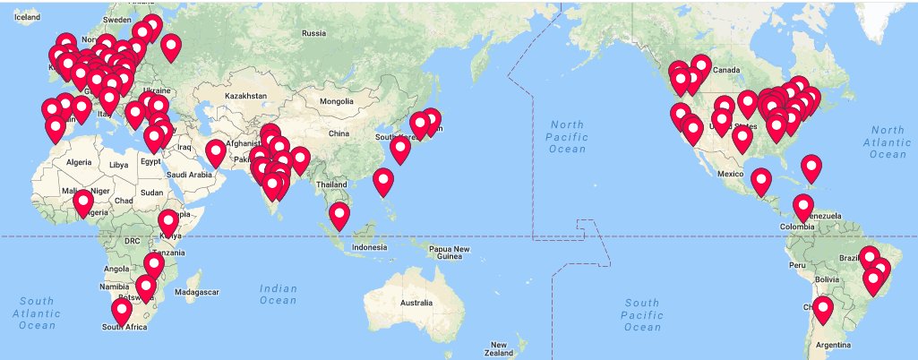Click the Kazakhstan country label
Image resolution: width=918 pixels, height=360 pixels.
point(245,95)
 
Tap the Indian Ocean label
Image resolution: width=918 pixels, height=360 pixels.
point(278,294)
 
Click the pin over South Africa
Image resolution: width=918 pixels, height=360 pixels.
point(121,310)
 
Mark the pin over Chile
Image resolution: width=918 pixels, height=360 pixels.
point(822,308)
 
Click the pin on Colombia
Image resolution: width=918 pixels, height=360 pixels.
point(803,206)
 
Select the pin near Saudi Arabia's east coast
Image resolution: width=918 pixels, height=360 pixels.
point(216,152)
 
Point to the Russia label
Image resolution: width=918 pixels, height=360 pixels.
point(313,33)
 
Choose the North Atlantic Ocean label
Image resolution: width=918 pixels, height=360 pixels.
point(888,142)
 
